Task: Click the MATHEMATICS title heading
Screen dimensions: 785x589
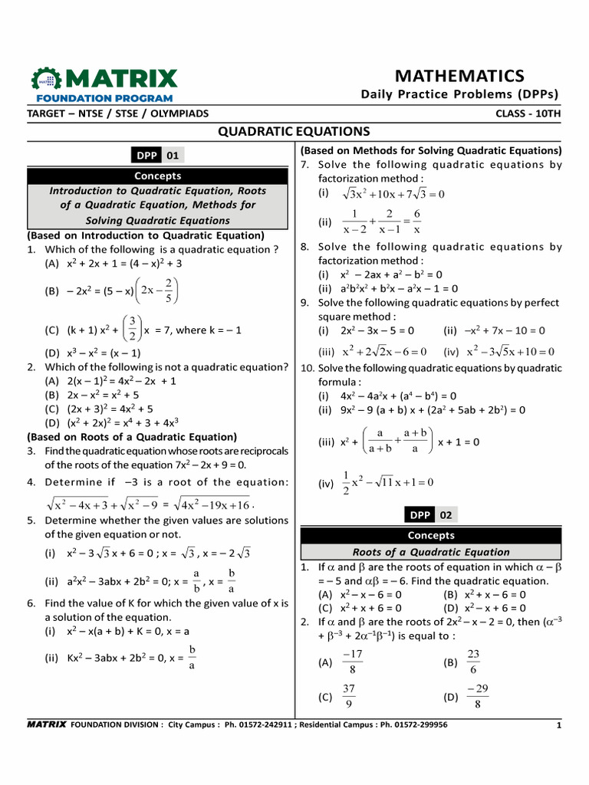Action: click(459, 75)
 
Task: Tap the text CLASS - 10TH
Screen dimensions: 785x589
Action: click(528, 113)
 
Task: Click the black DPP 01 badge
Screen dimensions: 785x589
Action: click(159, 156)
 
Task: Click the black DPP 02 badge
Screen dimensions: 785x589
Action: click(431, 514)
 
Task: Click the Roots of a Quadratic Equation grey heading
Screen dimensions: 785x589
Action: click(430, 552)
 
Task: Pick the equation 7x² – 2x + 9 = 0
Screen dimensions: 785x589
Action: click(202, 465)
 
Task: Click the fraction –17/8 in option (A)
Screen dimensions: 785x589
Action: click(352, 662)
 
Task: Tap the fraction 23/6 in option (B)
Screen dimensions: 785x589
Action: click(472, 662)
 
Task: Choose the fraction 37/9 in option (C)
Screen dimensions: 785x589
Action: click(349, 696)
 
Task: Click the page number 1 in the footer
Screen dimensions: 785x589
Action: click(558, 724)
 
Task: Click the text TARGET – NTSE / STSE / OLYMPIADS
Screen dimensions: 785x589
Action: click(117, 113)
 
